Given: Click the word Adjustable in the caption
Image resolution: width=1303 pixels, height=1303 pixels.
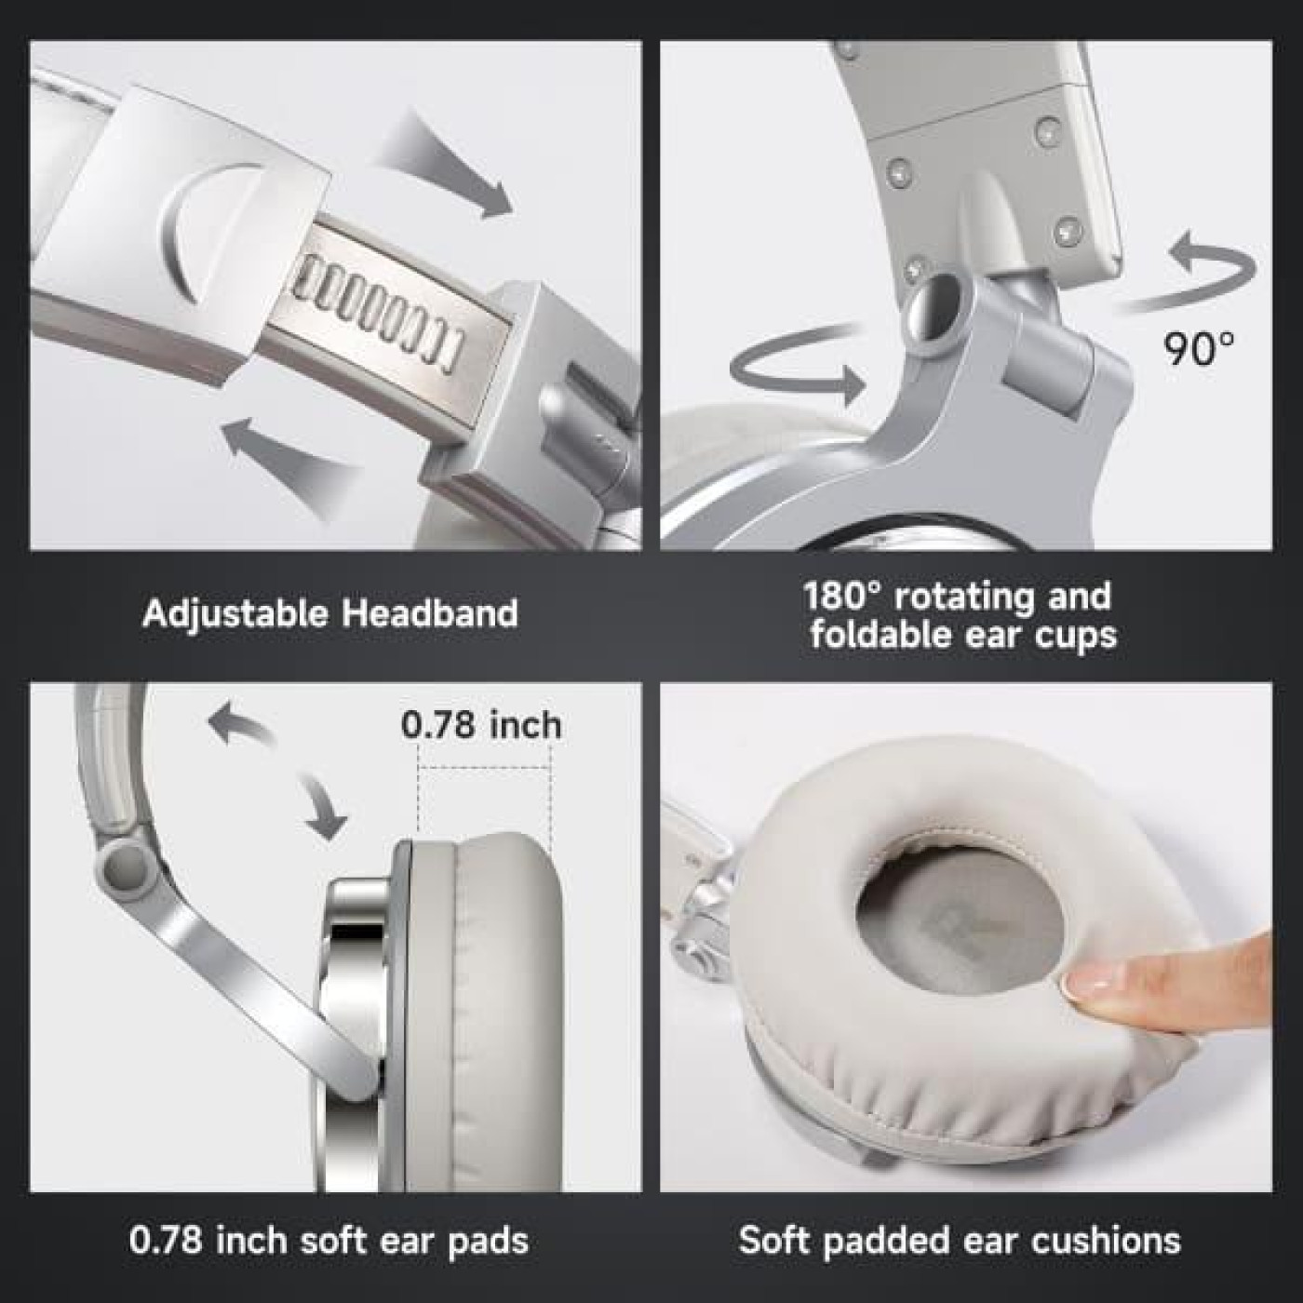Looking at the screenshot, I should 235,613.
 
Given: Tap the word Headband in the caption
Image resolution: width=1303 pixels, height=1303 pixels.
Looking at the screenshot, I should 429,613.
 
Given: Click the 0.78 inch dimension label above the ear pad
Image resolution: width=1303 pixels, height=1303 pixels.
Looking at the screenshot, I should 481,725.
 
